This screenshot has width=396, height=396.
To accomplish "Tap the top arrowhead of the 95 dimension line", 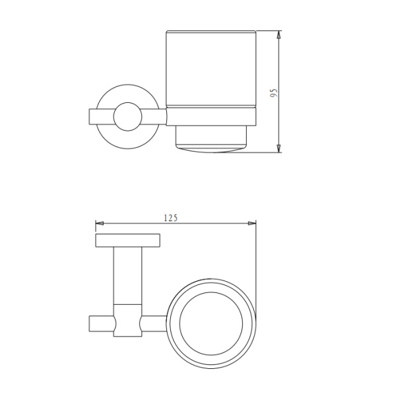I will (279, 34).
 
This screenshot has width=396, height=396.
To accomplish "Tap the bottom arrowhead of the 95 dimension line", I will (279, 149).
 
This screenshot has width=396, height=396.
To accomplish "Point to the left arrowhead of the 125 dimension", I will (100, 223).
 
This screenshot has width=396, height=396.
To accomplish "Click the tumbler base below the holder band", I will (211, 139).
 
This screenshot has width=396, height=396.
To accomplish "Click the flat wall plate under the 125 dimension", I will (128, 240).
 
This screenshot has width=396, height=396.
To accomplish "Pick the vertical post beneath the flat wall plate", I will (128, 274).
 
